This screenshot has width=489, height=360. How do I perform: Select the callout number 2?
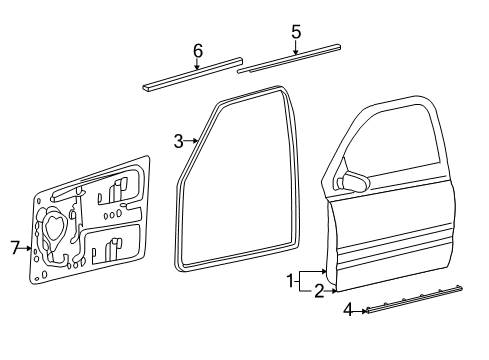click(x=318, y=291)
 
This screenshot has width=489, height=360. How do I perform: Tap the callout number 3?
click(x=178, y=141)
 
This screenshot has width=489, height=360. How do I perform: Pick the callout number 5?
click(x=296, y=32)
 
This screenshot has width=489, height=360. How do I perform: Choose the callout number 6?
click(x=197, y=50)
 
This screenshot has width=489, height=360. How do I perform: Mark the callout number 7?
click(x=15, y=247)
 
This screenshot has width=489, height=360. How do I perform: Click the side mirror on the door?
click(x=352, y=180)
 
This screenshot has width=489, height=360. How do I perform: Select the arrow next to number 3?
click(x=192, y=142)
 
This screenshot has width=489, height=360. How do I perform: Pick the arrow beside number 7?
click(x=28, y=247)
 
